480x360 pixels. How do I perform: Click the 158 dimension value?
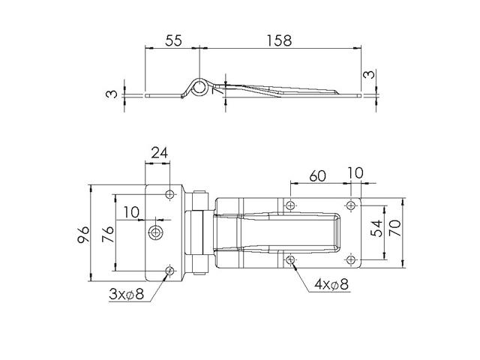(x=279, y=40)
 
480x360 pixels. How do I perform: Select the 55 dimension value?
(x=173, y=40)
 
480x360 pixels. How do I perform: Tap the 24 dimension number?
(x=160, y=153)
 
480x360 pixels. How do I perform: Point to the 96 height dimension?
(x=83, y=235)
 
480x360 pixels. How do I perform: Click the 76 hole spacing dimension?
(x=108, y=234)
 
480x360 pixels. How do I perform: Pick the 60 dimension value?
(x=317, y=176)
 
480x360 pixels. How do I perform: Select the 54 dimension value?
(x=376, y=228)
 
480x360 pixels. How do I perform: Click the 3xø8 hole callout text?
(x=126, y=295)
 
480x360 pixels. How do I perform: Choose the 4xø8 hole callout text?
(x=331, y=285)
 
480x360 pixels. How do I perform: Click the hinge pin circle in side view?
(x=199, y=86)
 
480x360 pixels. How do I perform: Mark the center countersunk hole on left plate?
(x=156, y=232)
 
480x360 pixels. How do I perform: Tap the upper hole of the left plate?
(x=170, y=194)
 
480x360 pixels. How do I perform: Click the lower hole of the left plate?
(x=170, y=271)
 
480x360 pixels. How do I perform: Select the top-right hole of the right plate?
(x=351, y=205)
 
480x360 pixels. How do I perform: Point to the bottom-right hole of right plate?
(x=351, y=260)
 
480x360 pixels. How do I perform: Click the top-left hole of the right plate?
(x=290, y=205)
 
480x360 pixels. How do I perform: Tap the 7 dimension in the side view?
(x=216, y=90)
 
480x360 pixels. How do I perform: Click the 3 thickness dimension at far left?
(x=112, y=94)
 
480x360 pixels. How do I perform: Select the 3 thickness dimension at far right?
(x=369, y=74)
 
